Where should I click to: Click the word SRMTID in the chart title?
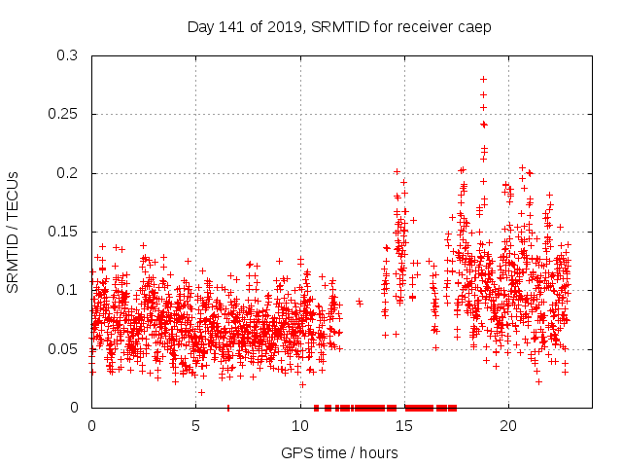coord(338,26)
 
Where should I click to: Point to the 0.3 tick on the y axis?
coord(67,55)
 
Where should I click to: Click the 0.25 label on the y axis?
coord(63,114)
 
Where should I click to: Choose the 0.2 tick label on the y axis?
coord(67,173)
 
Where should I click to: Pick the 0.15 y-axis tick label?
coord(63,232)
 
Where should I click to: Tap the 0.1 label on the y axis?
coord(67,290)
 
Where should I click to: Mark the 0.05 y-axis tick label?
coord(63,348)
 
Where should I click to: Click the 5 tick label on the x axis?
coord(195,426)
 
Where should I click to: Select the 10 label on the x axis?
coord(300,426)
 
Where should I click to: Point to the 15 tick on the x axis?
coord(404,426)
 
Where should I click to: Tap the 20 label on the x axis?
coord(508,426)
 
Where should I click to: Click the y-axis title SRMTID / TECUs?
coord(14,232)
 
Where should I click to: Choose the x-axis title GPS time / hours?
coord(339,452)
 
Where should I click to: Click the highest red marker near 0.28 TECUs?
coord(483,79)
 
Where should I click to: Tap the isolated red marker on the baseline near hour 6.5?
coord(227,407)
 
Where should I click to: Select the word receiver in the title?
coord(419,26)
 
